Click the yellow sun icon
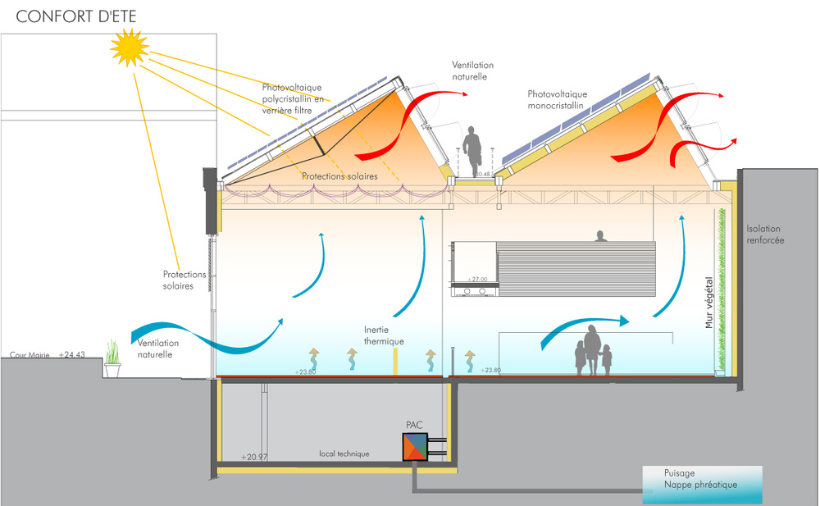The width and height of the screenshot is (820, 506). pyautogui.click(x=130, y=48)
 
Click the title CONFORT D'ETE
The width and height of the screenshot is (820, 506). pyautogui.click(x=76, y=16)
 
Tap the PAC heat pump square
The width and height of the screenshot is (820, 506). pyautogui.click(x=415, y=447)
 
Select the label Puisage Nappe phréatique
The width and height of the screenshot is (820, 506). pyautogui.click(x=700, y=479)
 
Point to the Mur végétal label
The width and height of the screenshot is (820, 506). pyautogui.click(x=709, y=303)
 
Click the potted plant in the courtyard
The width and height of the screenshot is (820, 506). pyautogui.click(x=112, y=359)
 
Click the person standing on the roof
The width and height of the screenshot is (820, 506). pyautogui.click(x=472, y=151)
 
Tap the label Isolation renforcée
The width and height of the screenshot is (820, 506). pyautogui.click(x=765, y=235)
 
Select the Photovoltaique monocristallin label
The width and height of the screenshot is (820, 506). pyautogui.click(x=557, y=99)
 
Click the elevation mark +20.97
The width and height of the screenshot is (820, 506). pyautogui.click(x=254, y=457)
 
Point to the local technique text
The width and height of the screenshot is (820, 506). pyautogui.click(x=344, y=454)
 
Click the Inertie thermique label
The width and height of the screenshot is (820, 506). pyautogui.click(x=384, y=335)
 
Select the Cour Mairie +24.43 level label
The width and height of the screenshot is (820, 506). pyautogui.click(x=47, y=355)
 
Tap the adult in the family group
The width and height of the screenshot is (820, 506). pyautogui.click(x=592, y=349)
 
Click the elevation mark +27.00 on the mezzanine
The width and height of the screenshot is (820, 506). pyautogui.click(x=477, y=280)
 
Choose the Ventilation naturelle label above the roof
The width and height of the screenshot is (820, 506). pyautogui.click(x=473, y=71)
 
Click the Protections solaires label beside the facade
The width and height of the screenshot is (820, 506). pyautogui.click(x=178, y=280)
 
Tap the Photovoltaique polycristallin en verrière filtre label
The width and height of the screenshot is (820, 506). pyautogui.click(x=293, y=99)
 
